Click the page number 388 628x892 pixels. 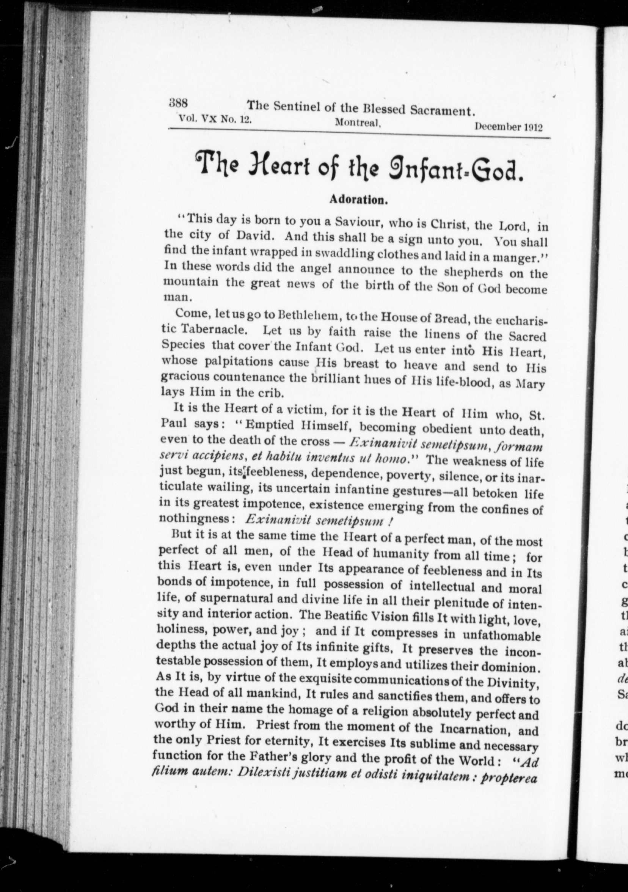[x=179, y=103]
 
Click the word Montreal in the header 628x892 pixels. [x=357, y=123]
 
